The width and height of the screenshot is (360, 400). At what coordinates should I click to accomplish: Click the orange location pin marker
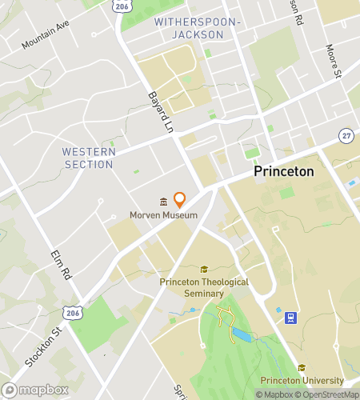coord(180,199)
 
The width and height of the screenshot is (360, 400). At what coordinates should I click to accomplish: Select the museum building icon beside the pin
coord(163,201)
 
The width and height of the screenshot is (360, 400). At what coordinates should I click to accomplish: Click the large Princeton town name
coord(284,172)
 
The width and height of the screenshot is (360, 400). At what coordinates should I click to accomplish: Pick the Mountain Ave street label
coord(46,36)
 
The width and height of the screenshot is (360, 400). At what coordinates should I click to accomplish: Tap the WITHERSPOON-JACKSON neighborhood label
coord(197,28)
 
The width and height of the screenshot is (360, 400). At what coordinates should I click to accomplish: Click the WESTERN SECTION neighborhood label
coord(89,158)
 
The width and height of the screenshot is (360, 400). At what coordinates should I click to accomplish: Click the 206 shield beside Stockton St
coord(73,310)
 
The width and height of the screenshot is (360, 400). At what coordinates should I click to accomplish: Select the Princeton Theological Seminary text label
coord(204,287)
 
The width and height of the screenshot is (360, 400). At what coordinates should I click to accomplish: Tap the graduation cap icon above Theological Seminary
coord(204,270)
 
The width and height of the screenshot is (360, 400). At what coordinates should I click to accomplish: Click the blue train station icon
coord(292,318)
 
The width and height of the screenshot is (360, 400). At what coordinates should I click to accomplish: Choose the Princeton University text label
coord(302,381)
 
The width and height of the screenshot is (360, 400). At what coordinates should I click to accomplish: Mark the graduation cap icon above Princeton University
coord(302,367)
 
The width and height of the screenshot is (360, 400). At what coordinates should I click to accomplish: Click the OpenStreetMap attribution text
coord(328,394)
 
